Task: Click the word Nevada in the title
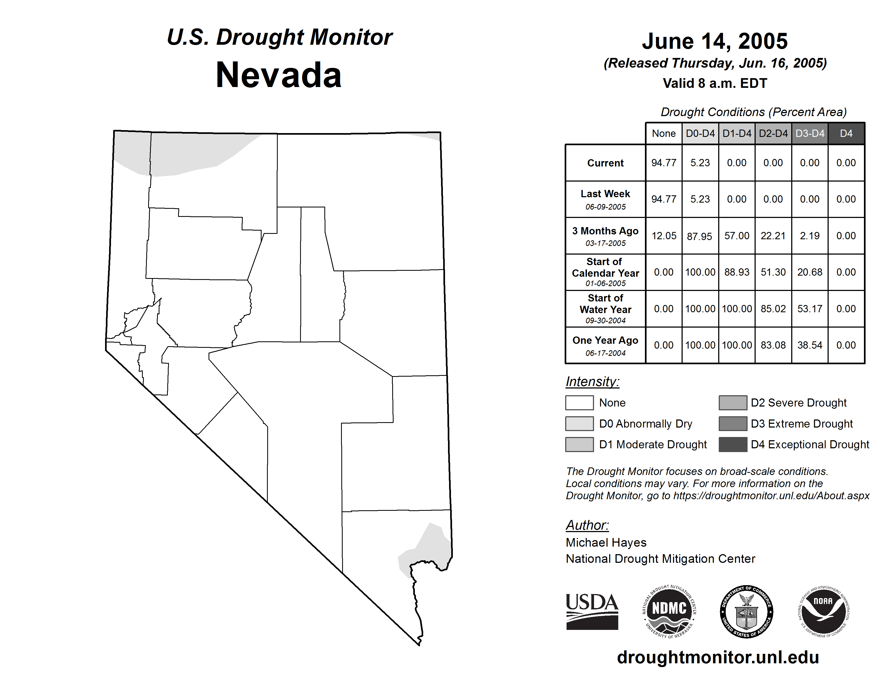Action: click(279, 75)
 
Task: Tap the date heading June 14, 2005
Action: click(714, 41)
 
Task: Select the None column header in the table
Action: click(664, 133)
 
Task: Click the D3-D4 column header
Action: click(810, 133)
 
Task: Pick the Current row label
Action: click(605, 163)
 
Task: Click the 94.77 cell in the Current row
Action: click(664, 163)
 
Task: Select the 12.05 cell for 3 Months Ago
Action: click(664, 236)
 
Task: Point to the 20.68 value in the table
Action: click(810, 272)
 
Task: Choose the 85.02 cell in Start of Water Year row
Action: click(773, 308)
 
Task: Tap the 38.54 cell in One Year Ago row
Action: click(810, 345)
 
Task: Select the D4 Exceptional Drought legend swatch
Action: click(733, 445)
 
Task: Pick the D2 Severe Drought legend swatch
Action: click(733, 403)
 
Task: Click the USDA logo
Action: click(592, 611)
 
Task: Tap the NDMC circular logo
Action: click(669, 611)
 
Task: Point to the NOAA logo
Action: click(823, 611)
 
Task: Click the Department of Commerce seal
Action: click(746, 611)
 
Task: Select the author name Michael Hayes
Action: click(606, 543)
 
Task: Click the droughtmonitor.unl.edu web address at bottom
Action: click(718, 657)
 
